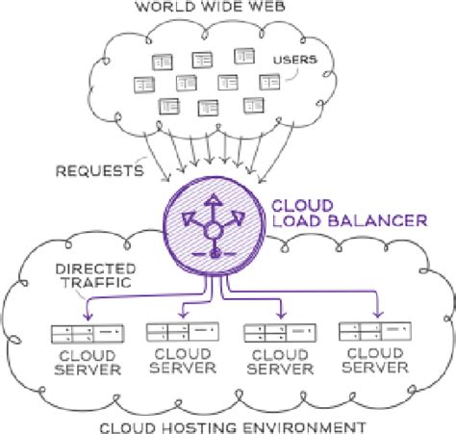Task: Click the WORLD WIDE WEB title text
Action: tap(211, 7)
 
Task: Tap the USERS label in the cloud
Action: tap(295, 60)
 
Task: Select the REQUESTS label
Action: tap(100, 170)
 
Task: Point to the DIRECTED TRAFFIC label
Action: tap(96, 276)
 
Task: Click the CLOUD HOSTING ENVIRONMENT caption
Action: tap(233, 428)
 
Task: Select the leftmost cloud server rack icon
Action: tap(88, 334)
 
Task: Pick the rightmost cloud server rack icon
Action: tap(375, 331)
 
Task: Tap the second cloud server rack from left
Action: tap(183, 332)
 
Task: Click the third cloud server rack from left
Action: tap(280, 333)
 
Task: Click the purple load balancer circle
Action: tap(214, 226)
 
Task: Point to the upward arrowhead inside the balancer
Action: tap(214, 199)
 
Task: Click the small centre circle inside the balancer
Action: tap(214, 231)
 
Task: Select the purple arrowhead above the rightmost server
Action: tap(378, 313)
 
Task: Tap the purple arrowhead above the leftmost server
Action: tap(88, 316)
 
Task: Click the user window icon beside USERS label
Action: tap(269, 83)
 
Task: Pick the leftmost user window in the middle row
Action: tap(144, 85)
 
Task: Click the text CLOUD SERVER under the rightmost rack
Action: tap(375, 360)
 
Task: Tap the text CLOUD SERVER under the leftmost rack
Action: tap(88, 363)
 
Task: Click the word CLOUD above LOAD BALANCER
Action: tap(302, 206)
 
